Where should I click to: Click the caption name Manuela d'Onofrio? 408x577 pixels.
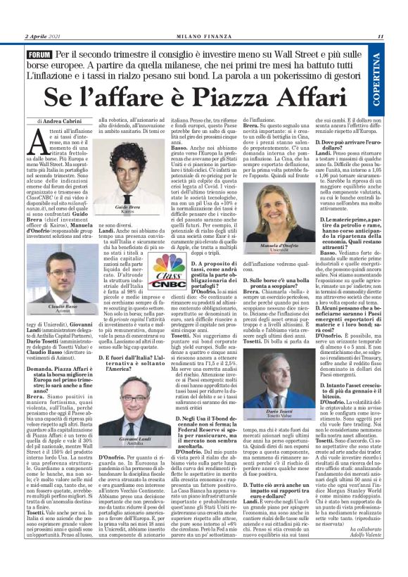[287, 243]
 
